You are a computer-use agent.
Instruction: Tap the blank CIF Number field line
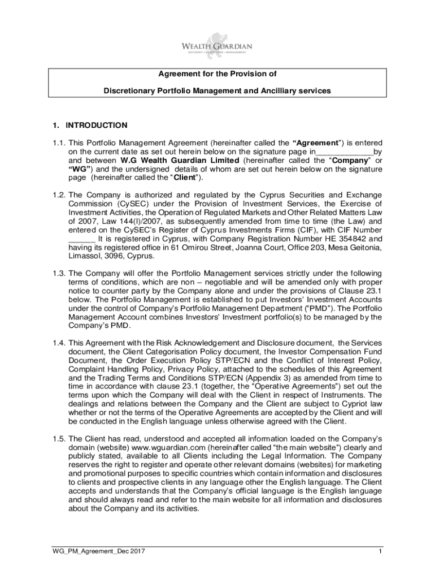point(77,239)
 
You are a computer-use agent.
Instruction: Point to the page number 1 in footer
point(381,551)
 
